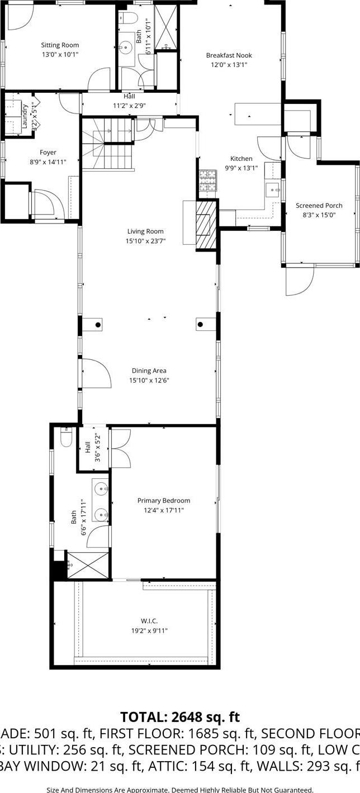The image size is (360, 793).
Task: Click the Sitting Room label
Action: click(60, 45)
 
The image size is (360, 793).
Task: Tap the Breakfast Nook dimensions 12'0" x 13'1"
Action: click(229, 65)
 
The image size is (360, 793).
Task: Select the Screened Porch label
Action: click(319, 206)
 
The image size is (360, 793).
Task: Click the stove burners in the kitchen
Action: click(207, 181)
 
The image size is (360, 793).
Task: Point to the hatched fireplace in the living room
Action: click(205, 224)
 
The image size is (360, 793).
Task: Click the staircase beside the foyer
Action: click(108, 144)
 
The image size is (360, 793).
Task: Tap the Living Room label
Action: click(145, 231)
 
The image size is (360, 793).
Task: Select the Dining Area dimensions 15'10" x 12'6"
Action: click(149, 381)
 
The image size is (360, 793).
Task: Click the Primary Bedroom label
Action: click(164, 501)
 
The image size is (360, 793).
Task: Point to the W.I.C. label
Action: click(145, 621)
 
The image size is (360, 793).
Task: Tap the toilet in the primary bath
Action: click(65, 437)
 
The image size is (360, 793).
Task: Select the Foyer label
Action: click(48, 153)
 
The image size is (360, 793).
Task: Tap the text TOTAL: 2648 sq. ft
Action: click(180, 717)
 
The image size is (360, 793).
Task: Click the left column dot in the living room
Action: click(98, 324)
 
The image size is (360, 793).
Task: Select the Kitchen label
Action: click(241, 159)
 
